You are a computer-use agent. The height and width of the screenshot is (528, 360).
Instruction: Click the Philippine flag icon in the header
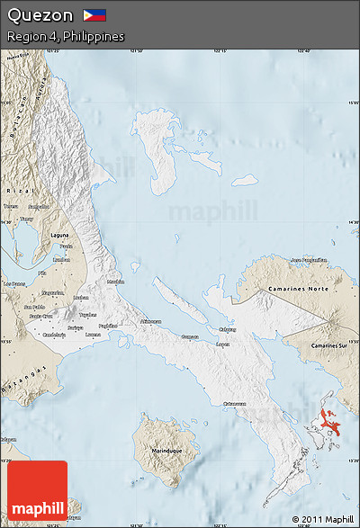[x=94, y=15]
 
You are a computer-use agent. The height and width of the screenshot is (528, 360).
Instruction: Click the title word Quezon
[x=40, y=15]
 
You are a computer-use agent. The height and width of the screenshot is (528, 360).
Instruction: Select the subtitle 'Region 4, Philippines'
[x=65, y=36]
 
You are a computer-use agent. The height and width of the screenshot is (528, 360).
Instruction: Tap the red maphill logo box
[x=37, y=493]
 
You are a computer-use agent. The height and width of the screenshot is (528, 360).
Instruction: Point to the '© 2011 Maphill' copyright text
[x=322, y=520]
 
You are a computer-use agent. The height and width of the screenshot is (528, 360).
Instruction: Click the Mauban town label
[x=117, y=282]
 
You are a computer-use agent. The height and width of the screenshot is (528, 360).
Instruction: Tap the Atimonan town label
[x=151, y=321]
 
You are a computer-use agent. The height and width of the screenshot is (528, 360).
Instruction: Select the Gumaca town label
[x=190, y=336]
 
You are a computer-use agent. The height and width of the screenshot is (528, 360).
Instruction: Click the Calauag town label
[x=228, y=329]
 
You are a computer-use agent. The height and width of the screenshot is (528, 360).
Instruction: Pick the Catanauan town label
[x=235, y=403]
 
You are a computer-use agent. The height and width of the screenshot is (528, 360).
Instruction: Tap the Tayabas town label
[x=87, y=315]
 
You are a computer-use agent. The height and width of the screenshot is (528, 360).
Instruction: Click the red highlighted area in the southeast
[x=333, y=418]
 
